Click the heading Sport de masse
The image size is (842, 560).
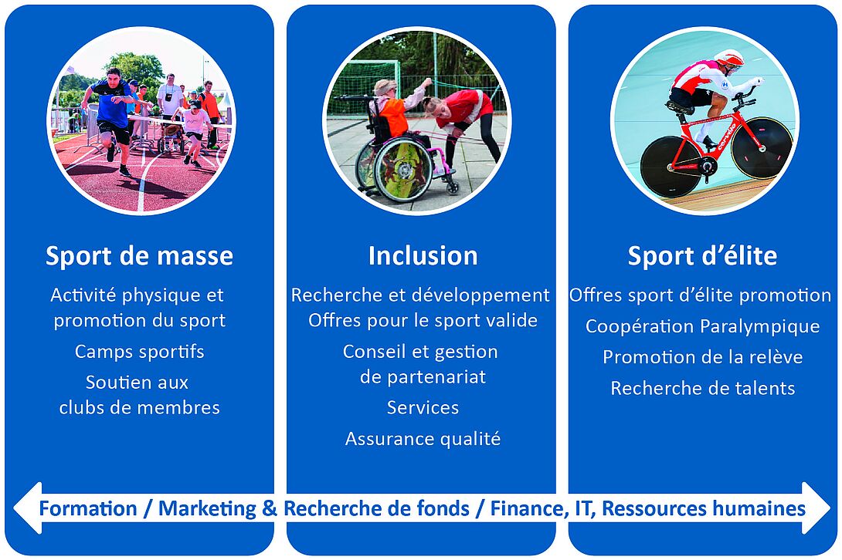pyautogui.click(x=140, y=256)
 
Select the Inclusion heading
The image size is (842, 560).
pyautogui.click(x=423, y=256)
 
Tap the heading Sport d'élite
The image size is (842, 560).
pyautogui.click(x=702, y=256)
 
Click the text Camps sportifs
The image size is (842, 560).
pyautogui.click(x=140, y=352)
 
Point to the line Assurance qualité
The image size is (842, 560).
pyautogui.click(x=423, y=439)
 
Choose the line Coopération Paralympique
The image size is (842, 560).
pyautogui.click(x=702, y=327)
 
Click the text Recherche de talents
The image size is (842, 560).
pyautogui.click(x=702, y=388)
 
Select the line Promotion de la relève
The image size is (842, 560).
pyautogui.click(x=702, y=357)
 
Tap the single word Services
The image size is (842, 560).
pyautogui.click(x=423, y=408)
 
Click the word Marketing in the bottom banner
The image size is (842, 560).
pyautogui.click(x=207, y=509)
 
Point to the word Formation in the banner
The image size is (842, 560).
pyautogui.click(x=88, y=509)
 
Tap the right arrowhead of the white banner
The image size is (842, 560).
pyautogui.click(x=816, y=508)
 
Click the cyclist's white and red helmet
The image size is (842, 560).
pyautogui.click(x=730, y=58)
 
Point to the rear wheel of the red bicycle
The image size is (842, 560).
pyautogui.click(x=671, y=167)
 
